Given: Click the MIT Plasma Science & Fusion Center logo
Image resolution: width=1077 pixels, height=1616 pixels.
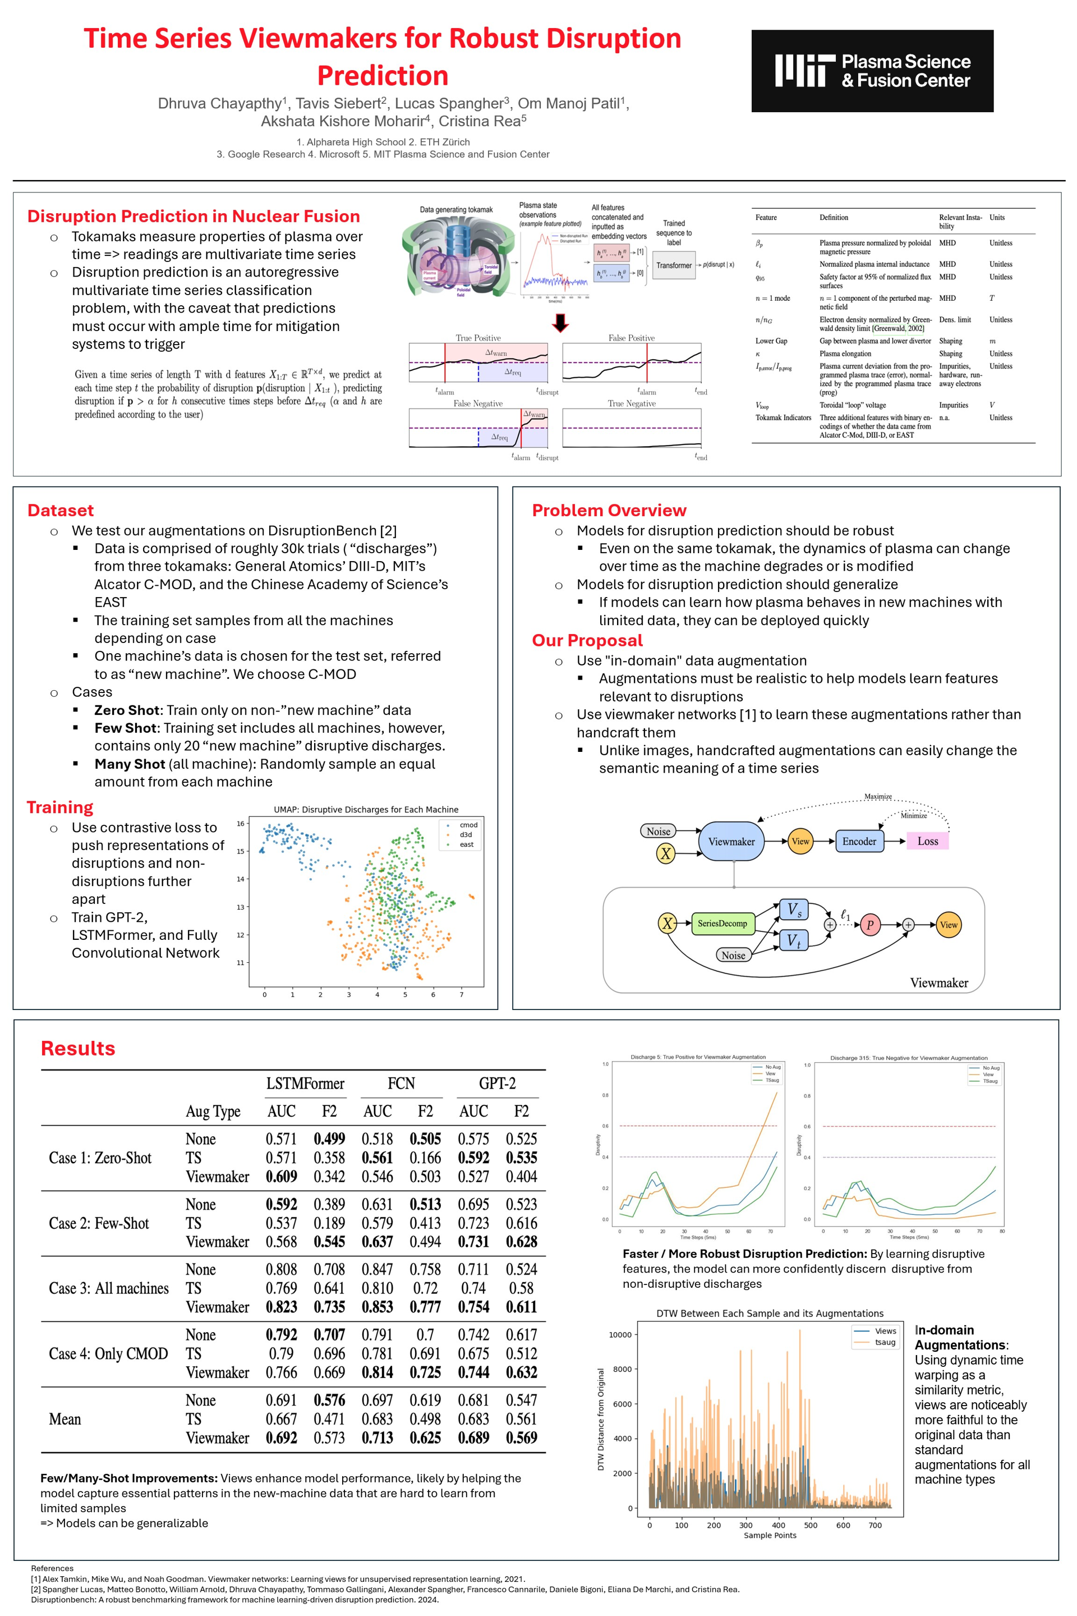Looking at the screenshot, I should pyautogui.click(x=872, y=71).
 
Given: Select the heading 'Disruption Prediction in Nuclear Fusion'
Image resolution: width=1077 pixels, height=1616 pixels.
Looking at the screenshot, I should pyautogui.click(x=193, y=217).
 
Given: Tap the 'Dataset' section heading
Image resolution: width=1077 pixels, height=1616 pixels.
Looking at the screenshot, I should pyautogui.click(x=61, y=511).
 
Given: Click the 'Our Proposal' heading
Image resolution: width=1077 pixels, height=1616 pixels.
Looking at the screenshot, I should pyautogui.click(x=587, y=640).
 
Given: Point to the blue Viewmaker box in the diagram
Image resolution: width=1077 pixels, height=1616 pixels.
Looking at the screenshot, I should pyautogui.click(x=731, y=842).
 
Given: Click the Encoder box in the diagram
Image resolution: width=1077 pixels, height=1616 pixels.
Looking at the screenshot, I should pyautogui.click(x=859, y=842).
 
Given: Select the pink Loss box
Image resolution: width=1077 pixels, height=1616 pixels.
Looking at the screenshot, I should pyautogui.click(x=927, y=842).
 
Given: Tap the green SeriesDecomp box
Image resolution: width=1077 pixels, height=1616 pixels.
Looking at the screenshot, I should pyautogui.click(x=722, y=924).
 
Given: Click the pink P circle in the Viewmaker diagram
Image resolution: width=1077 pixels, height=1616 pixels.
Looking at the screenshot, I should pyautogui.click(x=869, y=925).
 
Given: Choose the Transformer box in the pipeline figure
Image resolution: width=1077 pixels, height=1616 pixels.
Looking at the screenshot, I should pyautogui.click(x=673, y=266).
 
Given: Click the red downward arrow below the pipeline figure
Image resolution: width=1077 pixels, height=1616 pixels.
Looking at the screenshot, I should pyautogui.click(x=560, y=322).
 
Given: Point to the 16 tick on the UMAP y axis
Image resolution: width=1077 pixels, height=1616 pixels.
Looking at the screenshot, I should pyautogui.click(x=241, y=823).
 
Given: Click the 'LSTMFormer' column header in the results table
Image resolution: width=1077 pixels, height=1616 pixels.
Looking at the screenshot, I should pyautogui.click(x=305, y=1084).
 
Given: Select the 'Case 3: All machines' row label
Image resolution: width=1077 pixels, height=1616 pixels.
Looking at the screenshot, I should pyautogui.click(x=108, y=1288).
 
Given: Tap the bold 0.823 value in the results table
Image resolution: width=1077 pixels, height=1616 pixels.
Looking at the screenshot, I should pyautogui.click(x=281, y=1307).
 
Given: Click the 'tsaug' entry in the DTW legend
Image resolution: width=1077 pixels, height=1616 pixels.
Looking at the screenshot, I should pyautogui.click(x=885, y=1342).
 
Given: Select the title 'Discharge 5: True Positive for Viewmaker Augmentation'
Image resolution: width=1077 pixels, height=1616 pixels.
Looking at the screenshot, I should pyautogui.click(x=698, y=1057).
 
